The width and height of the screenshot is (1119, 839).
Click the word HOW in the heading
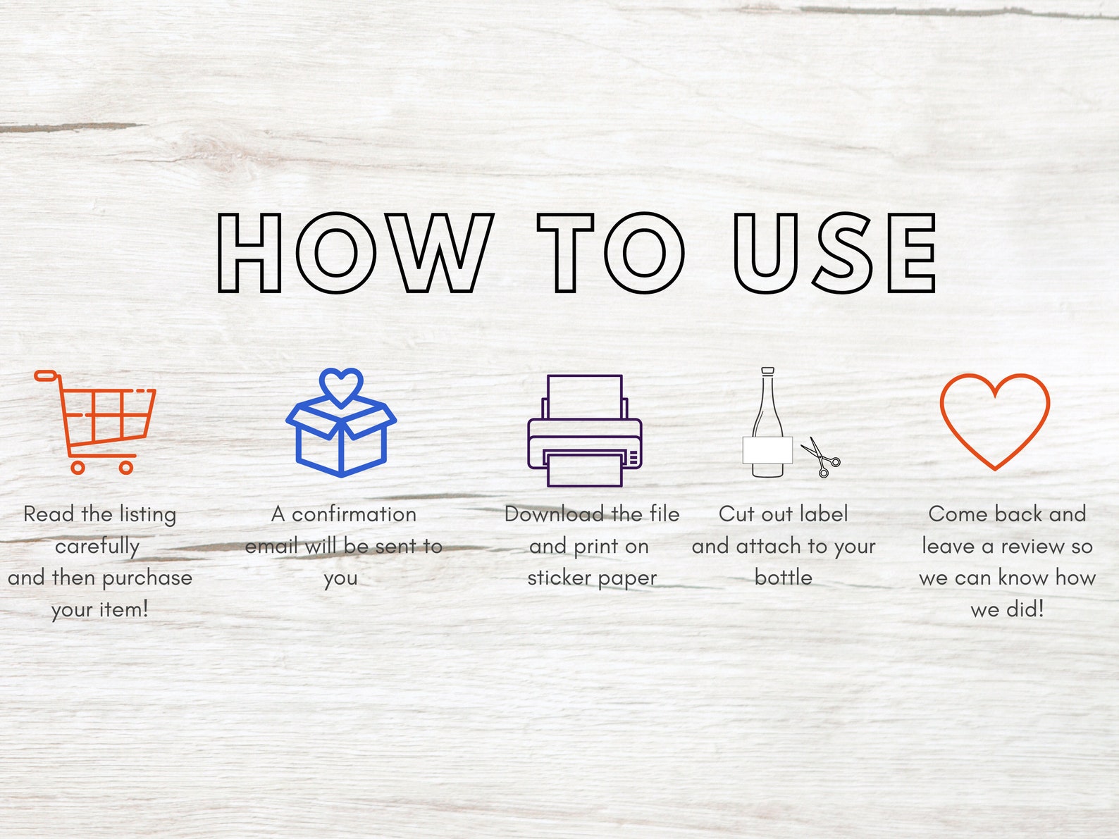point(355,253)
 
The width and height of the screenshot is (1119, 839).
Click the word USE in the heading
point(834,253)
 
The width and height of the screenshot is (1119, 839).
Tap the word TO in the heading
point(611,253)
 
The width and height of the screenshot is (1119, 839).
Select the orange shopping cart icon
point(95,422)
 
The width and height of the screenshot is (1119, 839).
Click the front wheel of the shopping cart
point(126,467)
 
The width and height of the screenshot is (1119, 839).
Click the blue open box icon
point(341,423)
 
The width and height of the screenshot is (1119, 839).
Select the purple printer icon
point(585,431)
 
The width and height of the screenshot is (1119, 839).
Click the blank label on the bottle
point(767,450)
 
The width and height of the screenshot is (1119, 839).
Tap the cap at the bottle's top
point(768,371)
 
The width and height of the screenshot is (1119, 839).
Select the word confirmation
point(354,514)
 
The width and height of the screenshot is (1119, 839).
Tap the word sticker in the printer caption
point(559,578)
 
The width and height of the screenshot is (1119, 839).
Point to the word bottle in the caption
point(783,578)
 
